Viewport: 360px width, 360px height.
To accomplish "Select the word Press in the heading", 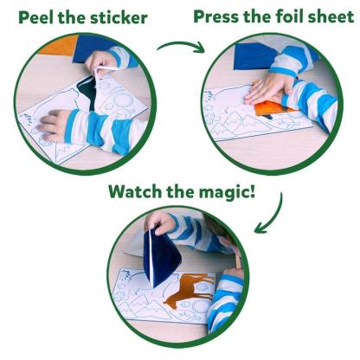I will tap(218, 16).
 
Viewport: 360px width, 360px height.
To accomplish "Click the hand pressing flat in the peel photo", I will tap(54, 124).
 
